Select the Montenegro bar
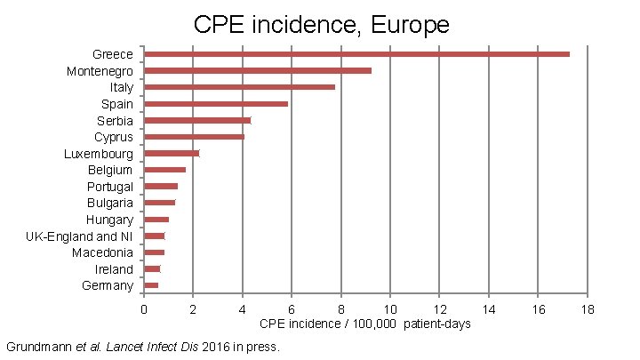click(x=258, y=70)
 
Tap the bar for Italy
click(x=239, y=87)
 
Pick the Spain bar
click(x=216, y=104)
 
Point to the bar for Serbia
click(x=197, y=120)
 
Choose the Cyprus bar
click(x=194, y=137)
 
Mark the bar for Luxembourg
click(x=172, y=153)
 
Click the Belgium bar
click(x=164, y=170)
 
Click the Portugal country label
click(x=110, y=187)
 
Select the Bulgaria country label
click(x=110, y=203)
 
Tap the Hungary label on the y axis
click(x=109, y=220)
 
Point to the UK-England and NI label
click(x=79, y=236)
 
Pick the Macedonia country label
click(x=103, y=252)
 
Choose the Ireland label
click(x=115, y=269)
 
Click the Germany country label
click(x=108, y=285)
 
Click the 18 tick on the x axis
click(x=587, y=308)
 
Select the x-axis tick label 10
click(x=389, y=308)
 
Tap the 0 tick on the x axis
click(x=144, y=308)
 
